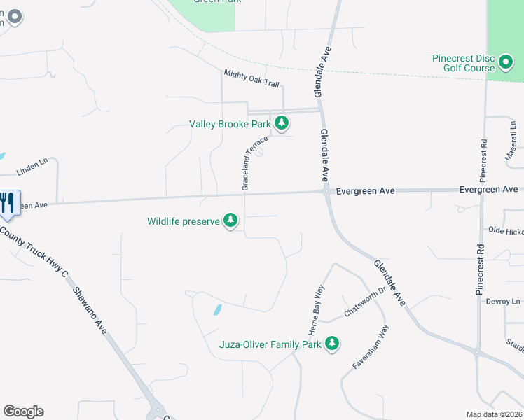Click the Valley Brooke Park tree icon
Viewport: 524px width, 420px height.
pos(282,124)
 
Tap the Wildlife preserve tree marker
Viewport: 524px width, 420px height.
pos(230,221)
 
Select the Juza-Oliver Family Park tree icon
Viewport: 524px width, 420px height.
pos(332,344)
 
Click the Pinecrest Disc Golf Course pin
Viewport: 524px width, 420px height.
pos(506,64)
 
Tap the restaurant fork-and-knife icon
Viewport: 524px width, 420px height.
pos(8,203)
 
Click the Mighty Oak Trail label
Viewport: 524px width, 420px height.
pos(251,78)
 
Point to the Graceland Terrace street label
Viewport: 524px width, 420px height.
pos(255,163)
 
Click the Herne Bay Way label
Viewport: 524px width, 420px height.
pos(315,309)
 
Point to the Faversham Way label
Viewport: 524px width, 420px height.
pos(370,347)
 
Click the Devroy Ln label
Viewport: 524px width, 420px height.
pos(504,302)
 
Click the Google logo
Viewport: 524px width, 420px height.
pos(23,412)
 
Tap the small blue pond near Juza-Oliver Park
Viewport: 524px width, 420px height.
pos(217,309)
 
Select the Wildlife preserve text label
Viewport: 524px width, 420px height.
pos(184,222)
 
